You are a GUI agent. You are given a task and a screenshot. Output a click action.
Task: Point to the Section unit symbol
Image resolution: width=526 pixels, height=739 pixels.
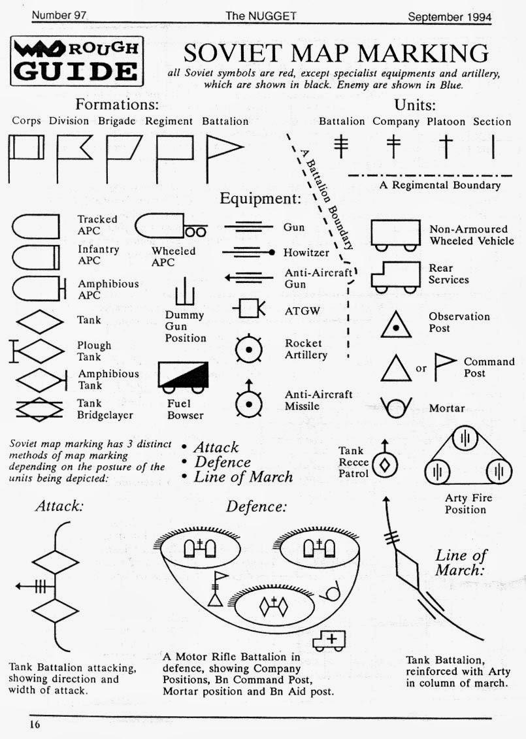(493, 146)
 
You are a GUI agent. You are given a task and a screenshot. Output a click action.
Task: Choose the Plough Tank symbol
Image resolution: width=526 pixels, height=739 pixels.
(35, 352)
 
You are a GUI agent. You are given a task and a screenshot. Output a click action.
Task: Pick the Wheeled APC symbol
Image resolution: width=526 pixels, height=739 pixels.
(171, 227)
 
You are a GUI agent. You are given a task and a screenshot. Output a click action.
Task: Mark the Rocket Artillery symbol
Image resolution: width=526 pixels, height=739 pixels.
(249, 349)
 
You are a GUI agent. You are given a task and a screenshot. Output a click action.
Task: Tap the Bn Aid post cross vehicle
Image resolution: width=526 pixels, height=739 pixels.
(329, 641)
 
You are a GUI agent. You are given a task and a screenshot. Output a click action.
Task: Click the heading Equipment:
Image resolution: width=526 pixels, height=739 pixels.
(260, 199)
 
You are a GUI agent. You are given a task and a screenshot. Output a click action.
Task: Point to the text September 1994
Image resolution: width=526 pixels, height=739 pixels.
(449, 16)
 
